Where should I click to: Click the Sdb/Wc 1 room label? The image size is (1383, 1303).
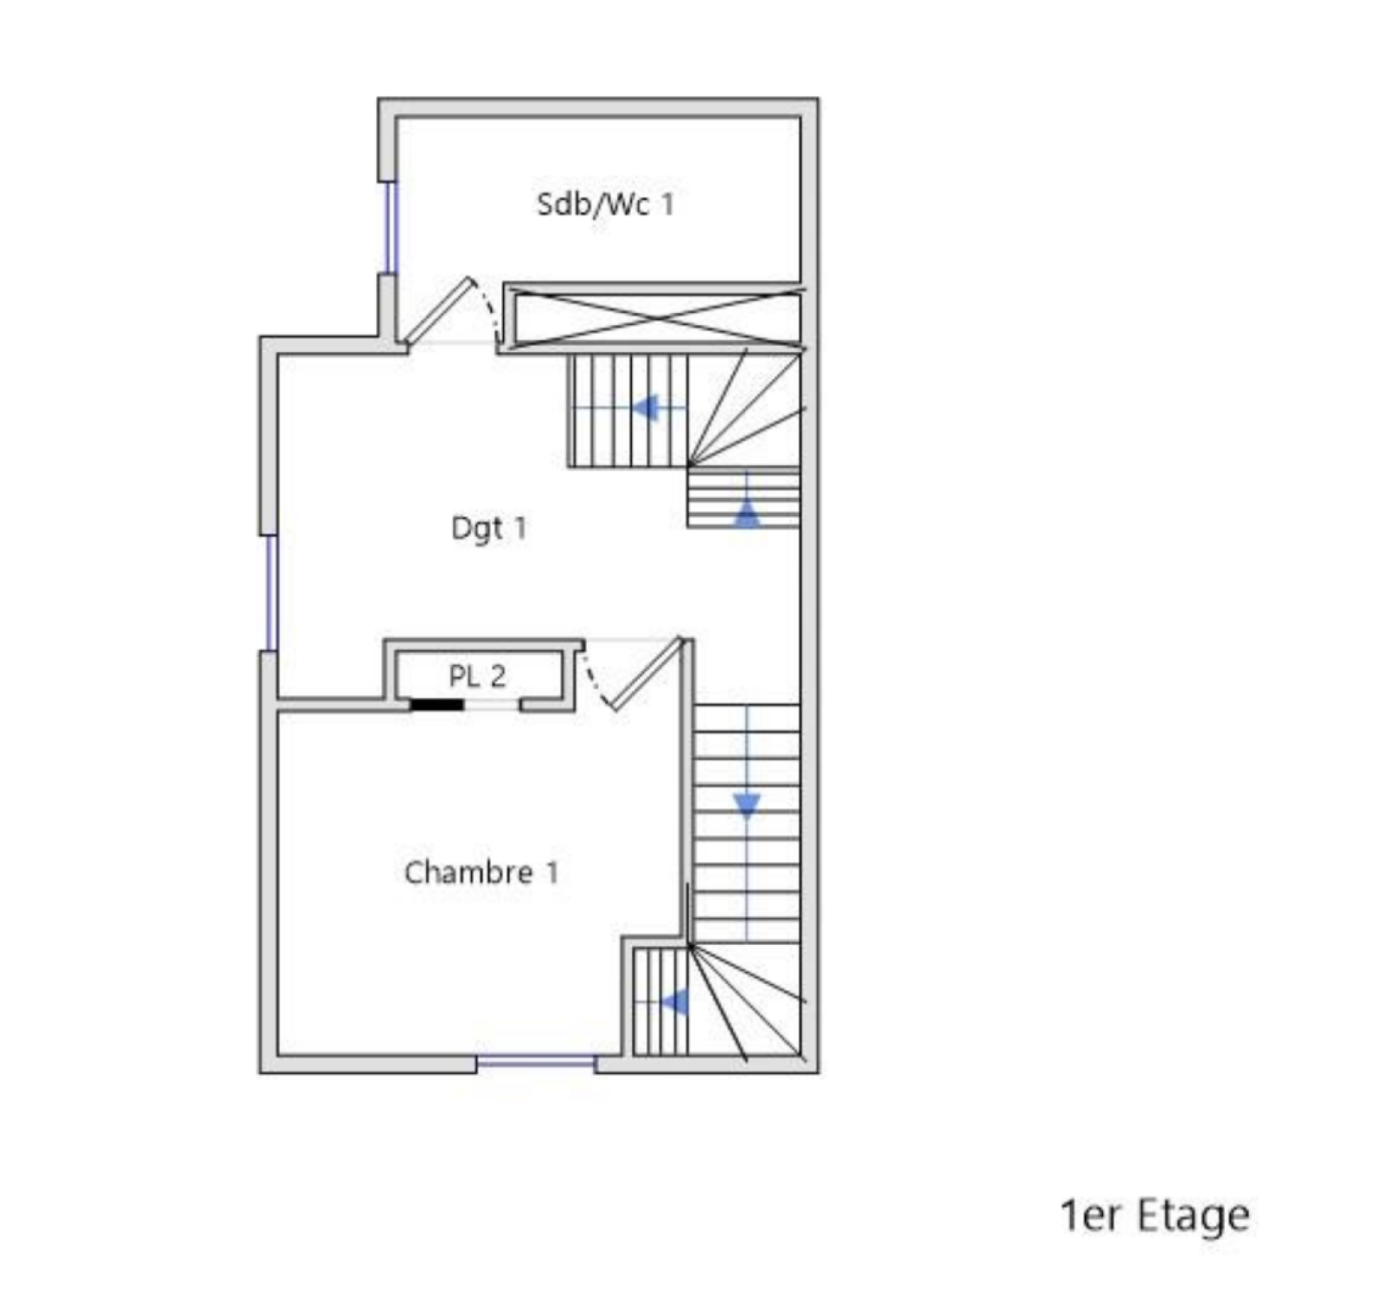pos(605,204)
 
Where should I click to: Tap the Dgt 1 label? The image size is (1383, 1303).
pos(488,528)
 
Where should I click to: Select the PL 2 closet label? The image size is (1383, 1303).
pos(477,676)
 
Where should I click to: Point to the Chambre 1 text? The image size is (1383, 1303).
pos(481,872)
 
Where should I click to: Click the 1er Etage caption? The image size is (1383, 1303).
pos(1155,1216)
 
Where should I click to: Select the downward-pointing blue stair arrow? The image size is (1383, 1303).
pos(747,806)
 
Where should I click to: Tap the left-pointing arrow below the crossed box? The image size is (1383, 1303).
pos(646,407)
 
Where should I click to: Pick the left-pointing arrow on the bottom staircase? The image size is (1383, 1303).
pos(674,1002)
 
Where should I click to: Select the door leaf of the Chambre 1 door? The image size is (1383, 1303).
pos(647,674)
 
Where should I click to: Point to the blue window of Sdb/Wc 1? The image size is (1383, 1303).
pos(391,227)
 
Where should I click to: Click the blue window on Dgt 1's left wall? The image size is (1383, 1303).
pos(271,593)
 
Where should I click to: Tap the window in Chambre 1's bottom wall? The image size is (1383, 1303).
pos(536,1060)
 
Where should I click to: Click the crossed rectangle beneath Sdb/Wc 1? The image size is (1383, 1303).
pos(657,318)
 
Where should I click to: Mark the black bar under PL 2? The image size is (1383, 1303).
pos(437,705)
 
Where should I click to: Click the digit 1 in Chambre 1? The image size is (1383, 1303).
pos(551,872)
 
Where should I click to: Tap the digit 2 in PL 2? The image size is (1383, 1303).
pos(498,676)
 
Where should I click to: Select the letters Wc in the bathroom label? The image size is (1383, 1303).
pos(624,204)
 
